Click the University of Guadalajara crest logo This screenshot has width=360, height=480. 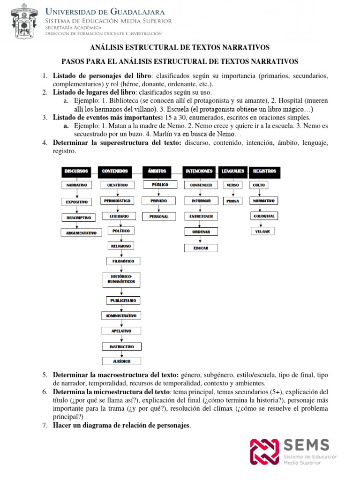[x=22, y=22]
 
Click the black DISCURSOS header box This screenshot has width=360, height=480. [x=77, y=171]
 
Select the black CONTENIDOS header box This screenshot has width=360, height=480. [x=115, y=171]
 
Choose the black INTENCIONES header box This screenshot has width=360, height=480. [x=199, y=171]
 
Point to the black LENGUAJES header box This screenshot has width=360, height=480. [x=232, y=171]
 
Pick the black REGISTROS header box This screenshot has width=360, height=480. [x=264, y=171]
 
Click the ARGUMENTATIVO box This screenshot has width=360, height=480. [x=81, y=232]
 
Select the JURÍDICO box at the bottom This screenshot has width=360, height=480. [x=121, y=361]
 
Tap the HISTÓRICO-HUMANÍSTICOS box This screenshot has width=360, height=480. [x=121, y=279]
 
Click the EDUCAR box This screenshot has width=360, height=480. [x=201, y=248]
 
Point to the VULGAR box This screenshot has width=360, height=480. [x=262, y=231]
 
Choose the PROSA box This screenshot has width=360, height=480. [x=232, y=201]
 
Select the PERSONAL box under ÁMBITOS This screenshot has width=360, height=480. [x=159, y=217]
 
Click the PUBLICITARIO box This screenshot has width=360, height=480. [x=122, y=300]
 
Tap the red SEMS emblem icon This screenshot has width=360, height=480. [x=264, y=451]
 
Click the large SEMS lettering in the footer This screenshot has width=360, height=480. [x=307, y=445]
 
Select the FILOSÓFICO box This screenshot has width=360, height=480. [x=121, y=261]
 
